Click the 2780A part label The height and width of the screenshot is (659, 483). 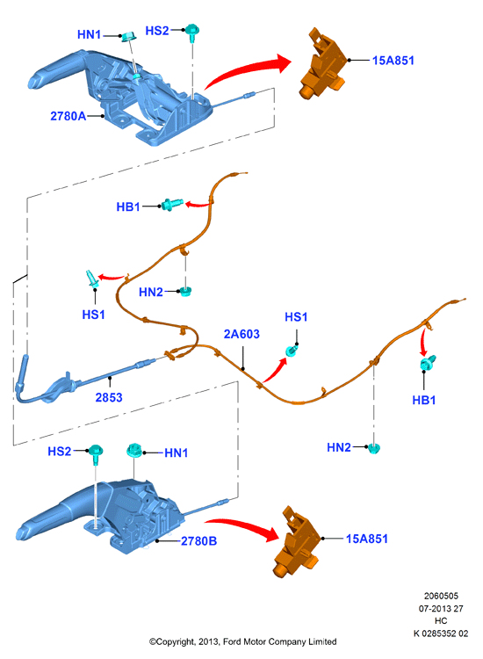click(68, 116)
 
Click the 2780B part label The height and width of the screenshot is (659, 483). click(198, 541)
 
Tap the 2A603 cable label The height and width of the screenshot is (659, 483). click(241, 334)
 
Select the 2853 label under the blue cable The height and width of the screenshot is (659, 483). click(109, 397)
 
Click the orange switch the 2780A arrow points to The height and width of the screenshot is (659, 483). click(323, 64)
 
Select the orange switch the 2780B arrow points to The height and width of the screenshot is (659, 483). click(297, 542)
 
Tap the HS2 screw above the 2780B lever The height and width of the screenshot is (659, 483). click(96, 454)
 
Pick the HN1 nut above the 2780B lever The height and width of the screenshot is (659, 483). click(134, 451)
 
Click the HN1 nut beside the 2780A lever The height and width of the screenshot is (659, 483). click(127, 37)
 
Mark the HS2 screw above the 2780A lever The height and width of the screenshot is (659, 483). click(193, 33)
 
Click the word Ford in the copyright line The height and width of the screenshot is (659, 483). click(232, 641)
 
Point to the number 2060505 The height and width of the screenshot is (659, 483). click(441, 596)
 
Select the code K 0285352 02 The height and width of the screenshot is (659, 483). click(441, 634)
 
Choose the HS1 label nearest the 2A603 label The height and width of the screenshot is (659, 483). click(296, 317)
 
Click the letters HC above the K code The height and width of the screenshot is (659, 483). click(441, 620)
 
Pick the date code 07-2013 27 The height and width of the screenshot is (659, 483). click(441, 609)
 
